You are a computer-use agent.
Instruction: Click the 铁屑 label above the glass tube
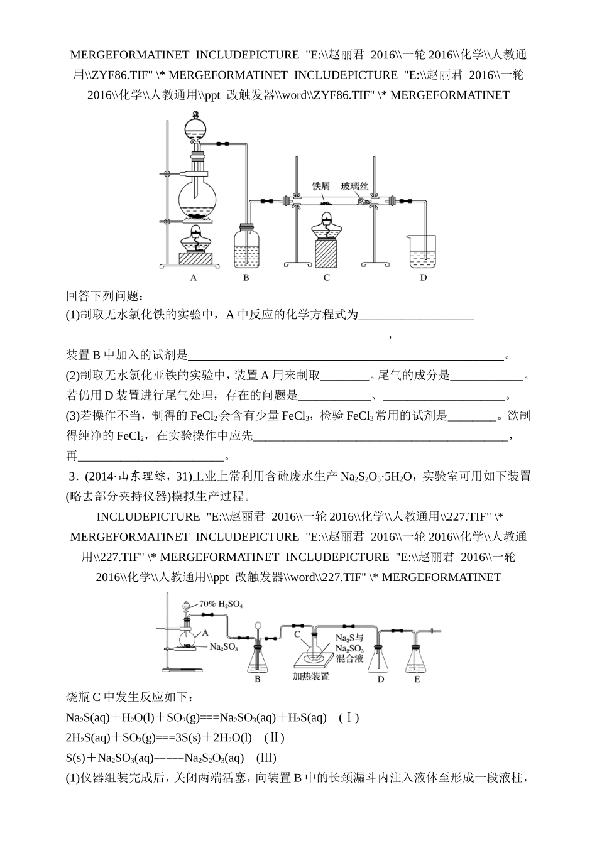pyautogui.click(x=320, y=186)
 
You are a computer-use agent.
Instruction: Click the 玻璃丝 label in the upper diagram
pyautogui.click(x=354, y=186)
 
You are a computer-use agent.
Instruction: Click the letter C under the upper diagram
pyautogui.click(x=327, y=277)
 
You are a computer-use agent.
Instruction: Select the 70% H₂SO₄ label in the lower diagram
pyautogui.click(x=221, y=604)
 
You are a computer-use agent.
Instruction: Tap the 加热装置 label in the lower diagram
pyautogui.click(x=311, y=676)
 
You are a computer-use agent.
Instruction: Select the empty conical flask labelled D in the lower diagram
pyautogui.click(x=380, y=658)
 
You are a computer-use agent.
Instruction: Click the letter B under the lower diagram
pyautogui.click(x=258, y=679)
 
